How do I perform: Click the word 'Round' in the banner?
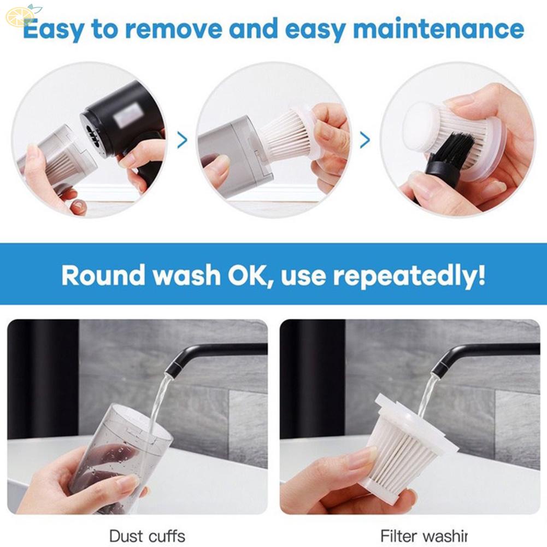pos(102,274)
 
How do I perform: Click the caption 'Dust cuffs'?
pos(147,535)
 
